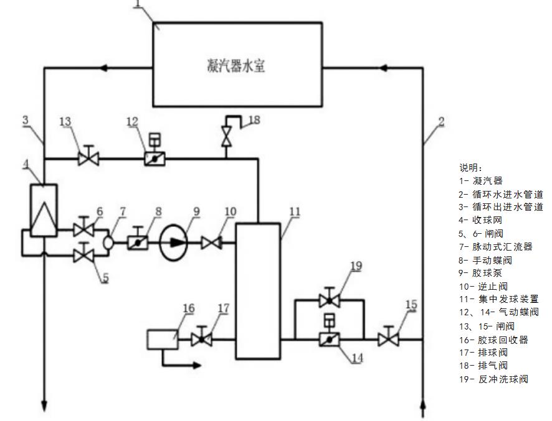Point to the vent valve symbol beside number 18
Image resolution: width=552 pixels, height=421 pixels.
(x=227, y=137)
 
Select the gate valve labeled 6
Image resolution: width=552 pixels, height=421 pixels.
(x=83, y=229)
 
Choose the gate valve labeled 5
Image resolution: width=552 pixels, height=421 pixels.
(x=83, y=255)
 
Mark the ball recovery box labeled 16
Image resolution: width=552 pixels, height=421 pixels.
(x=162, y=340)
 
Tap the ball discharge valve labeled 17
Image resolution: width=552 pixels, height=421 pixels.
(x=201, y=340)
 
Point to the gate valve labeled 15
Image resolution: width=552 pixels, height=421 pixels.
(x=389, y=340)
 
